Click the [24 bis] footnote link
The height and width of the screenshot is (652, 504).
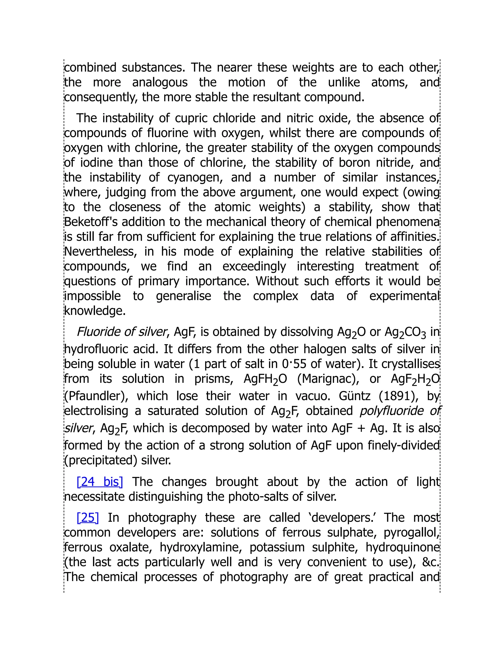(100, 482)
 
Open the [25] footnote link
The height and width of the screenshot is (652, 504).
(87, 517)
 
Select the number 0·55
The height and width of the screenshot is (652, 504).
(294, 364)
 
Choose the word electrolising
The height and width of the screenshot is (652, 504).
(96, 411)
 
